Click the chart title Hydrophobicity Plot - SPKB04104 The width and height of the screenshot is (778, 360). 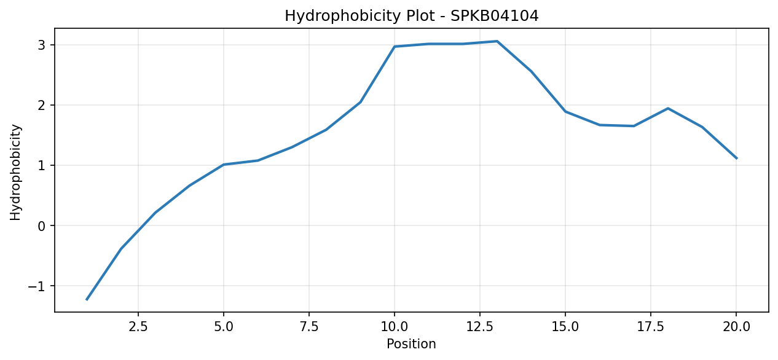[x=412, y=16]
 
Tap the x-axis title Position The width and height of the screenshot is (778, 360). [x=411, y=343]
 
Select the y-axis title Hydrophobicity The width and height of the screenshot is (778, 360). [x=15, y=172]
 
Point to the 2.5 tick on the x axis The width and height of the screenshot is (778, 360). [x=138, y=327]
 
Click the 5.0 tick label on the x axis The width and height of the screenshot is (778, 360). [x=224, y=327]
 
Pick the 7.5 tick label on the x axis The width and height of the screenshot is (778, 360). [x=309, y=327]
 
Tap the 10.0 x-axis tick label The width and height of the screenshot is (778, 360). [x=395, y=327]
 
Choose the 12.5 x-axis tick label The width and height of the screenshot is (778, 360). [x=480, y=327]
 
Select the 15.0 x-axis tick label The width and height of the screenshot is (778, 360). [x=565, y=327]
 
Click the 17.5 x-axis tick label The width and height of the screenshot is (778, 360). [x=651, y=327]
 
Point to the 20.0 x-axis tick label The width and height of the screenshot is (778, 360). [x=736, y=327]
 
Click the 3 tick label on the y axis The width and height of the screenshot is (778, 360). [x=42, y=45]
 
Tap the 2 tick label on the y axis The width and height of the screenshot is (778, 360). [x=42, y=105]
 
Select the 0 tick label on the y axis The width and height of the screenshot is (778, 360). [x=42, y=225]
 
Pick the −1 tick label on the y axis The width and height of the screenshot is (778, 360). [x=37, y=286]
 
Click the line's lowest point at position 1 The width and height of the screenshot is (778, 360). [x=87, y=300]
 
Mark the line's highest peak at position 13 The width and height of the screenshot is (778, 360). [x=497, y=41]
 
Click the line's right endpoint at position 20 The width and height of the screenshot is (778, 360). [x=736, y=158]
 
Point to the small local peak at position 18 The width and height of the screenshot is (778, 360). [x=668, y=108]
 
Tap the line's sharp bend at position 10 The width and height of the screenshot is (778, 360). [x=395, y=47]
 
